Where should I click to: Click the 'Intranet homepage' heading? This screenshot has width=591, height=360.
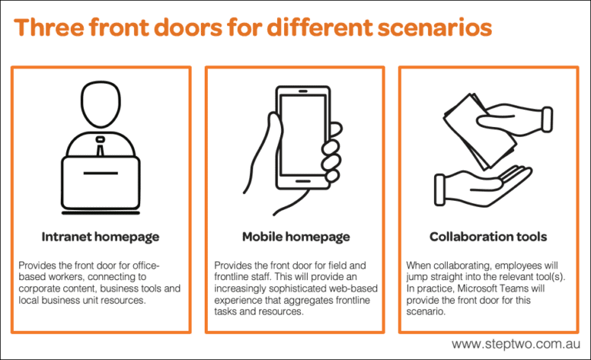pyautogui.click(x=100, y=236)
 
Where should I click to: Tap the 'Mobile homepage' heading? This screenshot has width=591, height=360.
pyautogui.click(x=295, y=236)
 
